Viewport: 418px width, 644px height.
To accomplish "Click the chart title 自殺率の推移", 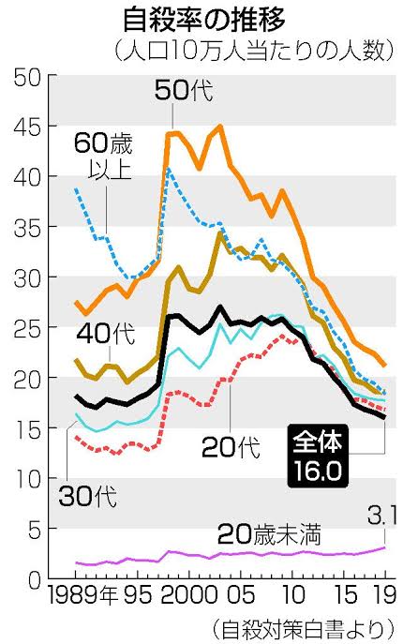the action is tap(204, 20).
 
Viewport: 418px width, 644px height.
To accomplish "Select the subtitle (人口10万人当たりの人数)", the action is tap(255, 51).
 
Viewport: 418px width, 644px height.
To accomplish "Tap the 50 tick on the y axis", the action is tap(27, 77).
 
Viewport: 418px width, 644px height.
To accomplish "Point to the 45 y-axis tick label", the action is tap(27, 127).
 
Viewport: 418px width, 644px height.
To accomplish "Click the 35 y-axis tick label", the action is tap(27, 229).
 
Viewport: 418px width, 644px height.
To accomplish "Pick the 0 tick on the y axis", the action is tap(35, 581).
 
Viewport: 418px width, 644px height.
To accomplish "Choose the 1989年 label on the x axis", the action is tap(82, 594).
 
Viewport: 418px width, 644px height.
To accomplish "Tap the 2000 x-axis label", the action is tap(188, 594).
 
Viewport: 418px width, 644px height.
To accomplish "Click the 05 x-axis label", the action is tap(241, 594).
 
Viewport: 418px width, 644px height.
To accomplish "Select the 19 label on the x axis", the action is tap(385, 594).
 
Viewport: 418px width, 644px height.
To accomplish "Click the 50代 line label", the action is tap(184, 90).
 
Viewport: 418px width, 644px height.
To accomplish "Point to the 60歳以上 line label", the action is tap(103, 156).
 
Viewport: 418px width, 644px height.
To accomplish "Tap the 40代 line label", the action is tap(106, 333).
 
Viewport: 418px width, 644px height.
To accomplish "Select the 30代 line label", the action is tap(88, 496).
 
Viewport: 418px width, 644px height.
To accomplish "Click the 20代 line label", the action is tap(231, 447).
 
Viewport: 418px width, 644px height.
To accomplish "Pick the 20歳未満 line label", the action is tap(269, 534).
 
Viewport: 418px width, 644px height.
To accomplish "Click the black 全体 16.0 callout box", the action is tap(318, 456).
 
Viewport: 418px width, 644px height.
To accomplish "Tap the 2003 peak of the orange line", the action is tap(220, 126).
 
